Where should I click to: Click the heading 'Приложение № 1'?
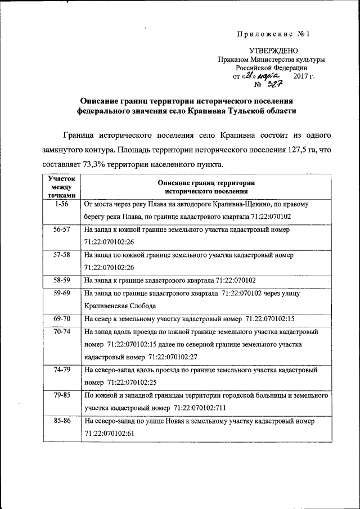coord(274,34)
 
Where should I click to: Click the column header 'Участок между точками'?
coord(62,186)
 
